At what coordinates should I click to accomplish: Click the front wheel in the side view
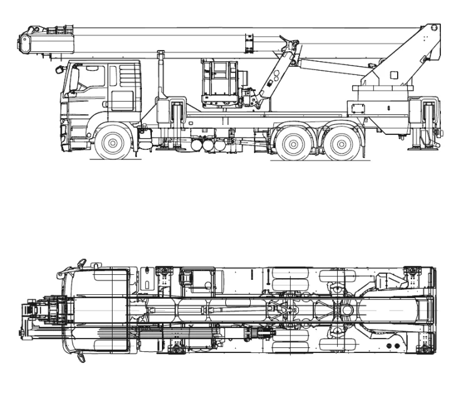[113, 143]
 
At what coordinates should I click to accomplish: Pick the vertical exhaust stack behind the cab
[159, 75]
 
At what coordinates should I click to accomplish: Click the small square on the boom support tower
[393, 75]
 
